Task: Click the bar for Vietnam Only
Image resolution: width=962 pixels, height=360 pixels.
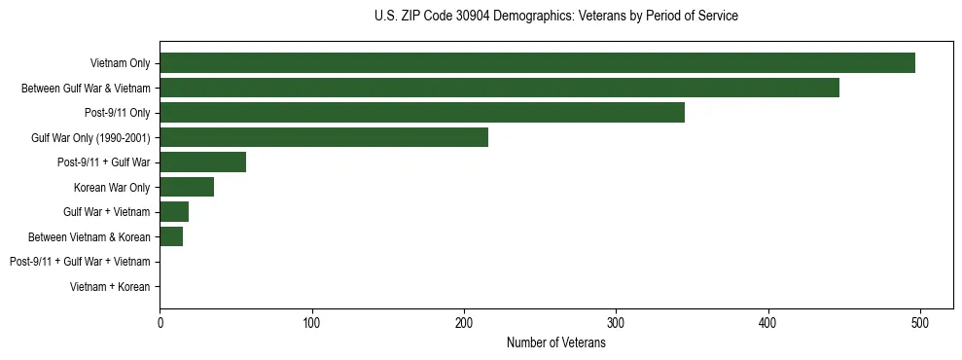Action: coord(537,63)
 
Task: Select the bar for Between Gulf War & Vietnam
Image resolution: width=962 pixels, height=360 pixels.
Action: coord(499,88)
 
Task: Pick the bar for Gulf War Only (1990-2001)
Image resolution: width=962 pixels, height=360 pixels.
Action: coord(324,137)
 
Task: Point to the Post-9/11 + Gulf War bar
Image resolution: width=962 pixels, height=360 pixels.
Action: coord(202,162)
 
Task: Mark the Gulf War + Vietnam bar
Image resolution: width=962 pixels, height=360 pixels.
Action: coord(174,212)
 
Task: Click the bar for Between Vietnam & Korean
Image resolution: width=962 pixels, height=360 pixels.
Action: coord(171,236)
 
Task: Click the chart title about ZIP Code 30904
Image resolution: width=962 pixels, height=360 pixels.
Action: coord(555,17)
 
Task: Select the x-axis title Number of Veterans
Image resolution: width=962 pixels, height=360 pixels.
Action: coord(555,343)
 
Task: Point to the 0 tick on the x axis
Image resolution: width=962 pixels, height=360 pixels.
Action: coord(160,324)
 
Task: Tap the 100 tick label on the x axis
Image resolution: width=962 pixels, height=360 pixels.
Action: coord(312,324)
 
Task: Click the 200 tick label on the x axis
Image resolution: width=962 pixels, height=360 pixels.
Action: coord(464,324)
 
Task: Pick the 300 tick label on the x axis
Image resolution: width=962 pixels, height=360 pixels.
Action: coord(616,324)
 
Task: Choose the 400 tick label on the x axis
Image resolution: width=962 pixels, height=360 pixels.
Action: coord(768,324)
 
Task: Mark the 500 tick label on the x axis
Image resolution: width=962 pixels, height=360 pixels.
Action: coord(920,324)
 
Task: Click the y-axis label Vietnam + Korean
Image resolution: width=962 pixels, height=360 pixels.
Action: coord(110,287)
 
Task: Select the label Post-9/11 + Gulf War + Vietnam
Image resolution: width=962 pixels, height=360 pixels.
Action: coord(80,262)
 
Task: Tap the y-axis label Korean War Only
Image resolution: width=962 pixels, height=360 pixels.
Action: coord(112,187)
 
